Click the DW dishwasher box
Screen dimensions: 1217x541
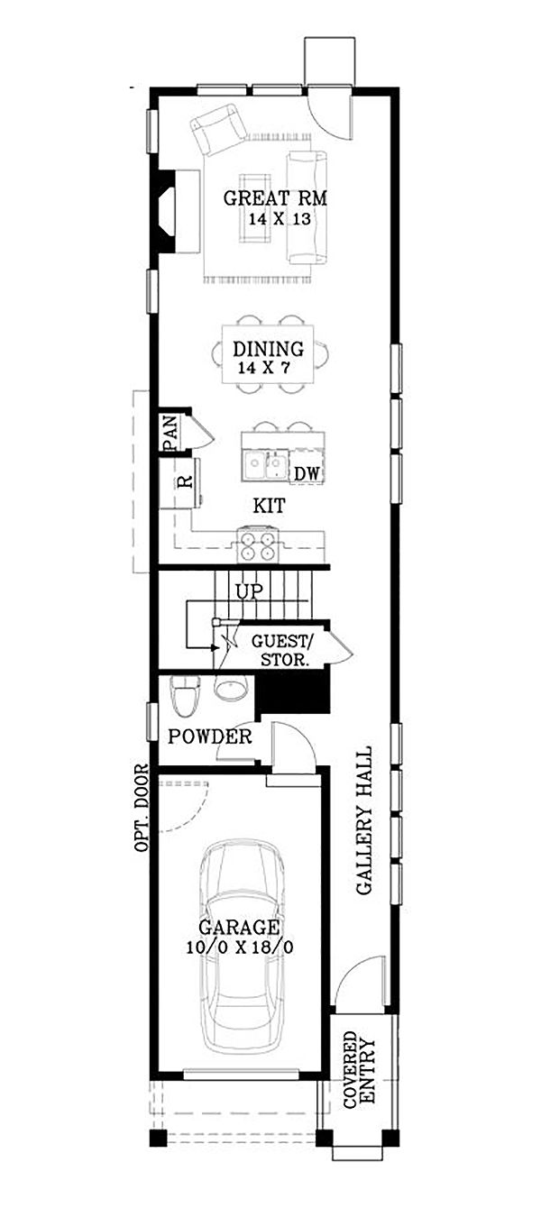pyautogui.click(x=307, y=473)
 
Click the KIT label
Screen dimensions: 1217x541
pyautogui.click(x=268, y=508)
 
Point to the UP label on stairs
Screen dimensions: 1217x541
pyautogui.click(x=248, y=592)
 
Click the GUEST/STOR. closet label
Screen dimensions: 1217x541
pyautogui.click(x=280, y=650)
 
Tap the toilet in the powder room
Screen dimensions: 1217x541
pyautogui.click(x=184, y=694)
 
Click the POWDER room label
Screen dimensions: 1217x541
pyautogui.click(x=210, y=737)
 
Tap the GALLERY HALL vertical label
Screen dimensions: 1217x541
pyautogui.click(x=365, y=820)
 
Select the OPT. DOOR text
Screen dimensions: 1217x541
pyautogui.click(x=141, y=809)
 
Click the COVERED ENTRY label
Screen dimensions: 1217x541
pyautogui.click(x=359, y=1068)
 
